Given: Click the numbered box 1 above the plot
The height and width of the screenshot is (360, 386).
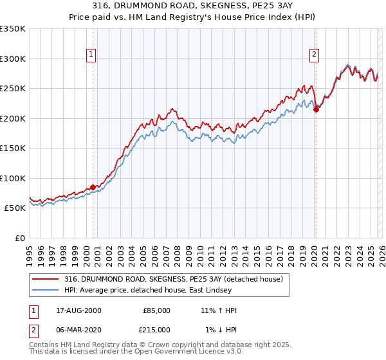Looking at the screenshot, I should click(x=92, y=55).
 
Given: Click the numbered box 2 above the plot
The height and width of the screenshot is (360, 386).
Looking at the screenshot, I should click(x=315, y=55).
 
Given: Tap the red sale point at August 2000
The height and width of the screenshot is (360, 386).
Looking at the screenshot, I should click(x=93, y=188).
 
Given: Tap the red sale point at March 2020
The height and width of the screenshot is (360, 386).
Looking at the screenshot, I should click(x=316, y=110).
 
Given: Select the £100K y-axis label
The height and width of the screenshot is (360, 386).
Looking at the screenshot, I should click(x=13, y=178).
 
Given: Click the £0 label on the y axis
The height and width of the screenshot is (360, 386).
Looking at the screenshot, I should click(x=19, y=238).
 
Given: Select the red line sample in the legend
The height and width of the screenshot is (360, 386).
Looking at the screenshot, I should click(x=46, y=279).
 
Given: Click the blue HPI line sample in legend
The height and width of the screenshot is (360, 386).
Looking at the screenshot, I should click(x=46, y=291).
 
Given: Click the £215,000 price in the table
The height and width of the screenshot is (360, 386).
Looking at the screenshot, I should click(x=156, y=329).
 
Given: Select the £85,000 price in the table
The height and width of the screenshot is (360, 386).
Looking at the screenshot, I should click(x=156, y=310).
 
